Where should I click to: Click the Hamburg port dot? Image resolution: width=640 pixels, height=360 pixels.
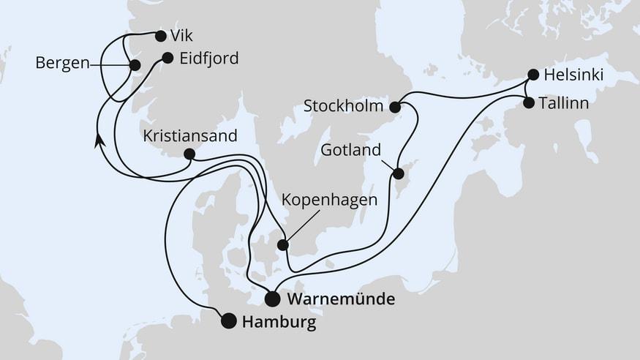click(x=229, y=320)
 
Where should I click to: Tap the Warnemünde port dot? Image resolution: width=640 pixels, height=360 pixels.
click(x=272, y=299)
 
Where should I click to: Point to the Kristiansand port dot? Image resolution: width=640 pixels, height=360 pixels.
click(x=189, y=154)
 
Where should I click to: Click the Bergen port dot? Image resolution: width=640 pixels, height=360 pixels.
click(x=135, y=65)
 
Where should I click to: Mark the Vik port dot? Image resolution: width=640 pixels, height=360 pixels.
click(x=160, y=35)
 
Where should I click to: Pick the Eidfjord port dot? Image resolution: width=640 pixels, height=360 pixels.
click(x=167, y=58)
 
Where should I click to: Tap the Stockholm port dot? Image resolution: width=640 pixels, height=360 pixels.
click(x=395, y=107)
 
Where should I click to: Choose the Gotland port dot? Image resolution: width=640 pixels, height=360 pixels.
click(x=398, y=174)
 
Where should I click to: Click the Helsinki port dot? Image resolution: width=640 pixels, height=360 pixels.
click(x=533, y=74)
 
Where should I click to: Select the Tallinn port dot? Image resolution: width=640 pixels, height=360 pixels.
click(x=529, y=103)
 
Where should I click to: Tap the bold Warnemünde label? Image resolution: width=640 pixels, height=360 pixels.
click(x=342, y=299)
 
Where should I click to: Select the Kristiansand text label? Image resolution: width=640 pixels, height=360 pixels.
click(x=190, y=136)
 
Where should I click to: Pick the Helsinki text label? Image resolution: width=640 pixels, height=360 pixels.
click(x=574, y=75)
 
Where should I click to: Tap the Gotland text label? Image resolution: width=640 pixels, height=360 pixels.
click(x=351, y=151)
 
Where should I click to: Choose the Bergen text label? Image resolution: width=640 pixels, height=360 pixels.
click(x=62, y=64)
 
